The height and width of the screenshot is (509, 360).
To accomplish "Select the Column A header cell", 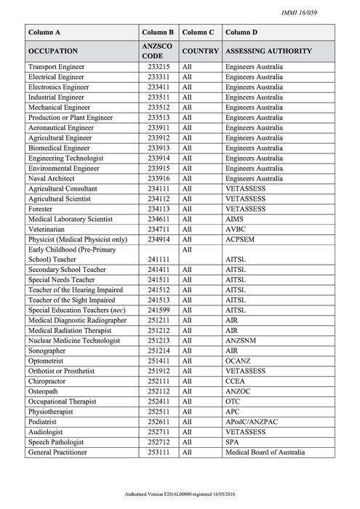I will [44, 33].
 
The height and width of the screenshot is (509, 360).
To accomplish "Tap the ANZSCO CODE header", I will [158, 52].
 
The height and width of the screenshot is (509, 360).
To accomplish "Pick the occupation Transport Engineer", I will [56, 67].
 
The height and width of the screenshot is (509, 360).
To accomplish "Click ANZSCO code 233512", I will [158, 108].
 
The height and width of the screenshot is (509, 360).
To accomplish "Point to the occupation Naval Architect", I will [51, 178].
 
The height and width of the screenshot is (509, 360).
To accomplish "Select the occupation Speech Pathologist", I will [56, 441].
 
